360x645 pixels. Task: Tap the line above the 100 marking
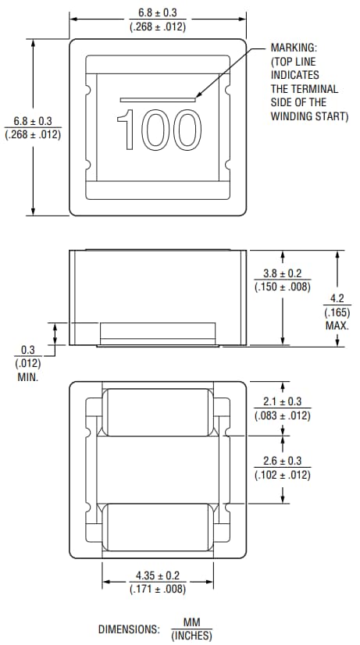click(x=158, y=99)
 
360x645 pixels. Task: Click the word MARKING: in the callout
click(x=294, y=48)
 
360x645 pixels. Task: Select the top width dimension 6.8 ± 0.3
click(x=157, y=13)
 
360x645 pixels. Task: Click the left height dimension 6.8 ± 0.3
click(x=33, y=121)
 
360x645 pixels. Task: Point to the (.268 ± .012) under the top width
click(x=157, y=27)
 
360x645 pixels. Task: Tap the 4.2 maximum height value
click(x=337, y=298)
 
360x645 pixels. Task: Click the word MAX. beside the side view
click(x=337, y=324)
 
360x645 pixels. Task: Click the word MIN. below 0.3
click(x=27, y=376)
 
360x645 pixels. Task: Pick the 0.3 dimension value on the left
click(x=27, y=351)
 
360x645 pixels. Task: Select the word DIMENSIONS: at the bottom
click(x=128, y=629)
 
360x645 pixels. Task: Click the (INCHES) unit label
click(x=191, y=636)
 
